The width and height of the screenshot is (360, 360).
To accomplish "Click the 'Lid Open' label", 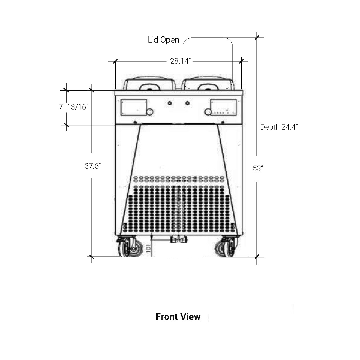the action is coord(163,40).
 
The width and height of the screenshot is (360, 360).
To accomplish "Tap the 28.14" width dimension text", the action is coord(181,61).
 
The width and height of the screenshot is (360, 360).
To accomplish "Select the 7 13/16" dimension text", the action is coord(73,107).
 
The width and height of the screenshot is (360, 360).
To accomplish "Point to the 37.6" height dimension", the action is coord(93,166).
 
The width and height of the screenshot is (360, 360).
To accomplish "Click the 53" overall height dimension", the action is coord(258,169).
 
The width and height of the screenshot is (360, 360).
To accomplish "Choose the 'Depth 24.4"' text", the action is coord(279,127).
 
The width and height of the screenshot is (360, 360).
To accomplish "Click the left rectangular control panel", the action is coord(133,107).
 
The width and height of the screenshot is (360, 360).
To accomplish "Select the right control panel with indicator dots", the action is coord(223,107).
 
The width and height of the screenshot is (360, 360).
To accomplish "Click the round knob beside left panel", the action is coord(150,112).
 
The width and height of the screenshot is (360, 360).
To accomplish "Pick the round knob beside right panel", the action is coord(208,112).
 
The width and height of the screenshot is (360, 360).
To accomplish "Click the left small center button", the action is coord(169,103).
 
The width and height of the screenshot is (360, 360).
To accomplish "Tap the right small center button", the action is coord(187,103).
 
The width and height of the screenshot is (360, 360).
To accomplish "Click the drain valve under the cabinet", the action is coord(178,240).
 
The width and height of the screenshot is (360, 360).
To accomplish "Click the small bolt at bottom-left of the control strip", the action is coord(135,123).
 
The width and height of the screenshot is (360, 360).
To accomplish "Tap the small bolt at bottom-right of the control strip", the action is coord(223,123).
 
